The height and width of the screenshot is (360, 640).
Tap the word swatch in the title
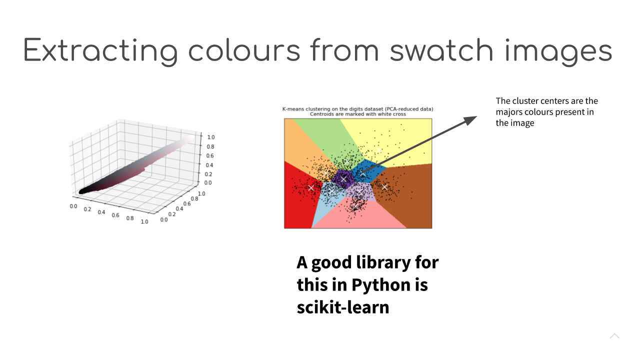coord(442,50)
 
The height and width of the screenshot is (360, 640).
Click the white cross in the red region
coord(311,187)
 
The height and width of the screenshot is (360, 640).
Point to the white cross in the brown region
coord(384,187)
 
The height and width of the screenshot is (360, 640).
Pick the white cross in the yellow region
coord(379,149)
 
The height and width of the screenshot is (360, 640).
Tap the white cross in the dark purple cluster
coord(343,179)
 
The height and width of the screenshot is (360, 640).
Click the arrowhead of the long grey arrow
coord(470,119)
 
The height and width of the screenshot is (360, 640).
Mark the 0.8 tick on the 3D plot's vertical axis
coord(210,146)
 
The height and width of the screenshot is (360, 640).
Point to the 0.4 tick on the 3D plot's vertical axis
coord(209,165)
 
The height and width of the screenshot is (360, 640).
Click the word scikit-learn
coord(343,307)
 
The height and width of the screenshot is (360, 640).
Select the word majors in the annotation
coord(510,112)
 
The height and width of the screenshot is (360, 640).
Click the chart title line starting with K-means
coord(357,109)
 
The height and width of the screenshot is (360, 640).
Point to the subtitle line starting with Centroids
coord(357,114)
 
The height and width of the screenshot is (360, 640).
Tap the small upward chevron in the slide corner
coord(614,335)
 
